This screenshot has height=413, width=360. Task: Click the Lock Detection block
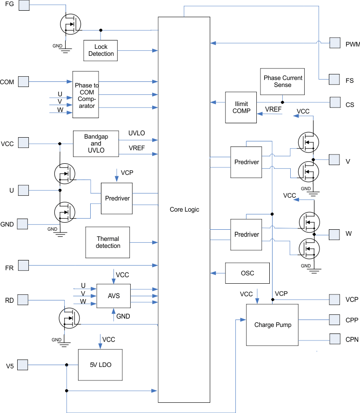(101, 51)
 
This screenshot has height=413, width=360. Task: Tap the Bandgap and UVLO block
(95, 144)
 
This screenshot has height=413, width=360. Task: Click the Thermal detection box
(108, 242)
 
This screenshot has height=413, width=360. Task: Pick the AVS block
(113, 296)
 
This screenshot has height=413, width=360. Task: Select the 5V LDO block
(100, 365)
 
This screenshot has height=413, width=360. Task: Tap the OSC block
(247, 273)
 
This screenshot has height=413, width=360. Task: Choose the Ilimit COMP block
(241, 107)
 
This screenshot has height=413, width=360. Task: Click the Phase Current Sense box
(283, 81)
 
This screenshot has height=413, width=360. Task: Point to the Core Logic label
(184, 210)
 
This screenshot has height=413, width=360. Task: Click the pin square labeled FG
(23, 5)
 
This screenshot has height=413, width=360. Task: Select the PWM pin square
(335, 43)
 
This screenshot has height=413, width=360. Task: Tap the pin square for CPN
(335, 339)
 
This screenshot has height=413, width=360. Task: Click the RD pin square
(23, 300)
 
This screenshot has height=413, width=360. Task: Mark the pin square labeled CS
(335, 102)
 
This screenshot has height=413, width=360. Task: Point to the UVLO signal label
(136, 133)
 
